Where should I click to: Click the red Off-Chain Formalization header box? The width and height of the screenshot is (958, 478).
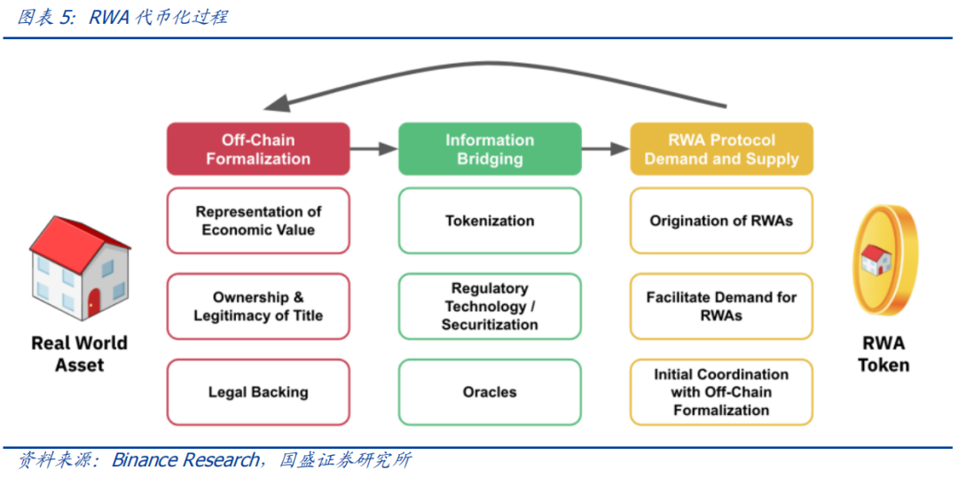pyautogui.click(x=258, y=149)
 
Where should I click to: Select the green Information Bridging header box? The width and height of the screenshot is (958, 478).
pyautogui.click(x=490, y=149)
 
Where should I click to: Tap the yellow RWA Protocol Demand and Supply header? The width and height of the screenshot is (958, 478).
pyautogui.click(x=721, y=149)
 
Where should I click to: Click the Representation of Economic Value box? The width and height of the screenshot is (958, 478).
pyautogui.click(x=258, y=221)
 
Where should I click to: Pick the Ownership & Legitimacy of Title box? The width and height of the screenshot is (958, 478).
pyautogui.click(x=258, y=307)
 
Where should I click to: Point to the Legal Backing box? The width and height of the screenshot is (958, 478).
pyautogui.click(x=258, y=392)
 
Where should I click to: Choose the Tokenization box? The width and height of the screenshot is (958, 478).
pyautogui.click(x=490, y=221)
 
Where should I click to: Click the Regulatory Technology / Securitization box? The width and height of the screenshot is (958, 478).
pyautogui.click(x=490, y=307)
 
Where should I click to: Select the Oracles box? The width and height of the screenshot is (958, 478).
pyautogui.click(x=490, y=392)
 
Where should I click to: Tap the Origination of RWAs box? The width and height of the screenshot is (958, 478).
pyautogui.click(x=721, y=221)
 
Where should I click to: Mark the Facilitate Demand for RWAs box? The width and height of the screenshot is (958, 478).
pyautogui.click(x=721, y=307)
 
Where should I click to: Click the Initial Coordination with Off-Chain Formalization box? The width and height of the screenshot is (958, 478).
pyautogui.click(x=721, y=392)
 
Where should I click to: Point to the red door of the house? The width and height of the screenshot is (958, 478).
pyautogui.click(x=94, y=302)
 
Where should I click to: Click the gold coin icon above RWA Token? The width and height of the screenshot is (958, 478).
pyautogui.click(x=883, y=259)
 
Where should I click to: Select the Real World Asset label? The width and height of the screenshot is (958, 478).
pyautogui.click(x=80, y=354)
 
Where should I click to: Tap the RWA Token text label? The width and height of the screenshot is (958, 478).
pyautogui.click(x=883, y=354)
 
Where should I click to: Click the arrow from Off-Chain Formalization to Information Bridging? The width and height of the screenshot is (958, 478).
pyautogui.click(x=374, y=149)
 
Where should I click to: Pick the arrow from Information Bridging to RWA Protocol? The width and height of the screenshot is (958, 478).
pyautogui.click(x=606, y=149)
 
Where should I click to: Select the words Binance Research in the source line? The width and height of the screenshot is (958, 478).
pyautogui.click(x=185, y=460)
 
